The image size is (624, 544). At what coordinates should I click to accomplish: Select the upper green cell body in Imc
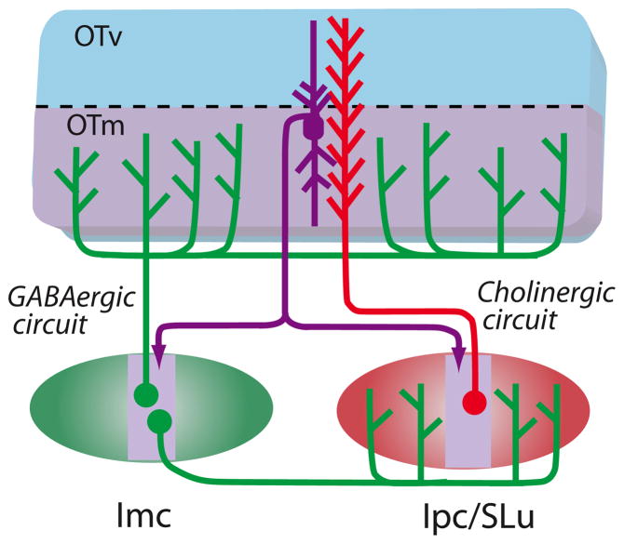pyautogui.click(x=142, y=393)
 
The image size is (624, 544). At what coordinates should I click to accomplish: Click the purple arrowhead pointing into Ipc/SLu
pyautogui.click(x=458, y=349)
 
